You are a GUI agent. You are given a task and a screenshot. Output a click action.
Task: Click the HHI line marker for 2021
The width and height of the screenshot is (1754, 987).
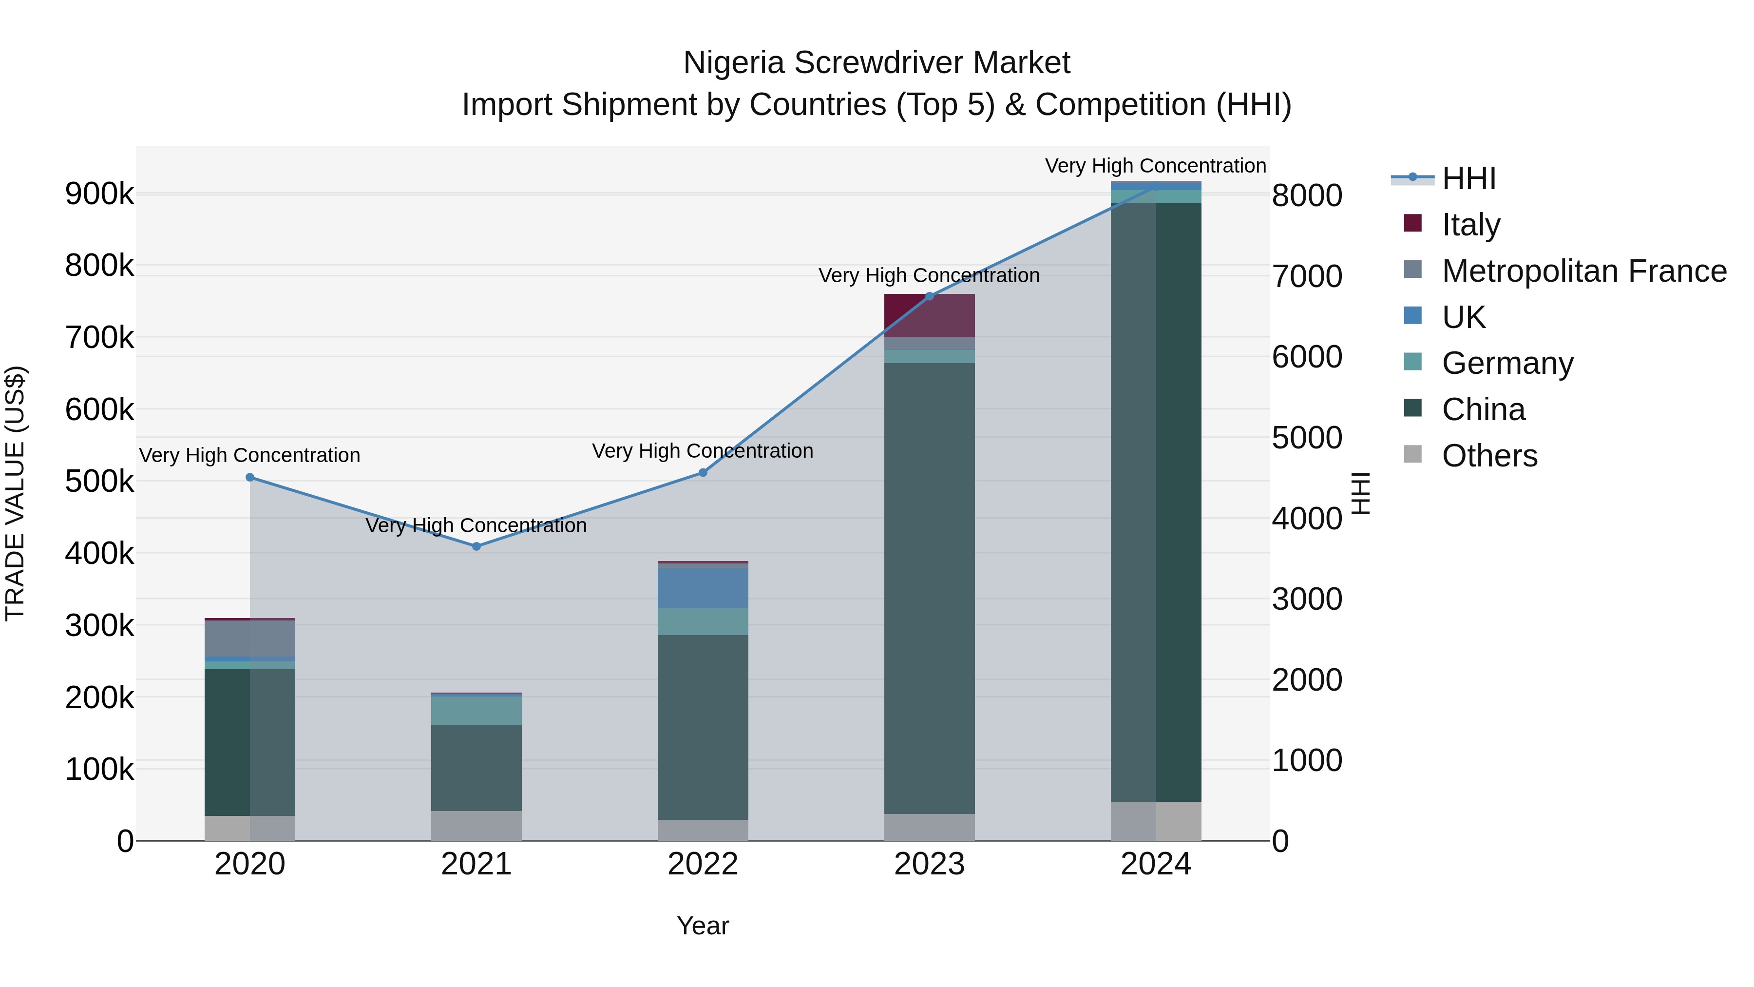(x=476, y=546)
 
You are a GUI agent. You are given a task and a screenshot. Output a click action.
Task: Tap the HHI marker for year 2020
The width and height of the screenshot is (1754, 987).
(x=250, y=478)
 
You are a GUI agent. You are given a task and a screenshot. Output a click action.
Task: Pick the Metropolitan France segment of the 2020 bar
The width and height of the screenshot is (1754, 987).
(x=250, y=638)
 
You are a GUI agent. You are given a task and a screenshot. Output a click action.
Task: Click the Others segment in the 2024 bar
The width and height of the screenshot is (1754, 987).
(x=1156, y=821)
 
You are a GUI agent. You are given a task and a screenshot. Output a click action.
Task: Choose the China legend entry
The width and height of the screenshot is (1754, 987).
(x=1483, y=410)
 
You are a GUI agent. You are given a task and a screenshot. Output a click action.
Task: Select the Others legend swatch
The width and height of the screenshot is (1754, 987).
(x=1413, y=454)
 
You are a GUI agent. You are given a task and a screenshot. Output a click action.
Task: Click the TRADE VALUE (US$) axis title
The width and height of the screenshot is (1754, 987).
(x=16, y=493)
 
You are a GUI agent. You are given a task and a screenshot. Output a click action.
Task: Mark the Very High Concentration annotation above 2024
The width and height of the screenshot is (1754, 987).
(x=1156, y=166)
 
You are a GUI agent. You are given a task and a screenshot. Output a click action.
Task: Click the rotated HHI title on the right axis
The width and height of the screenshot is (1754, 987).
(x=1360, y=493)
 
